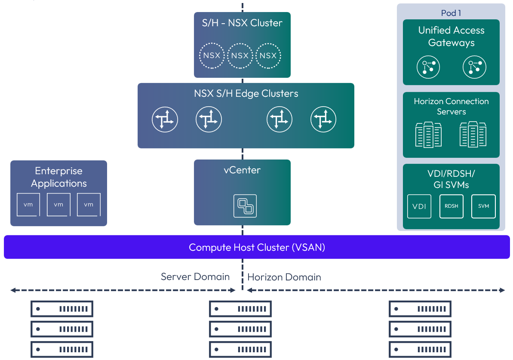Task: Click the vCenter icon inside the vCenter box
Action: [245, 206]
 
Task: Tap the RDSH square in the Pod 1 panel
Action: [452, 206]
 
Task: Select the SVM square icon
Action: [483, 206]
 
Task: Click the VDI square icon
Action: [419, 206]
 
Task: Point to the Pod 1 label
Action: [451, 13]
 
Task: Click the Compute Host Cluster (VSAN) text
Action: [257, 247]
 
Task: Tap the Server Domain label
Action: [195, 277]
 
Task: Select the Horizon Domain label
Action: [284, 277]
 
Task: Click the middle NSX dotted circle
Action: [240, 55]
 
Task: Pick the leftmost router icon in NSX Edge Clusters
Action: [165, 120]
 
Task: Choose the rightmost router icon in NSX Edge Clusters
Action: [323, 120]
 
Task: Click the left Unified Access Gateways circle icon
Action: [429, 67]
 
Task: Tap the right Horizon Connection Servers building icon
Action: [473, 134]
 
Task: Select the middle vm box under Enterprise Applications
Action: [58, 205]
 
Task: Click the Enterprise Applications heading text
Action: [58, 177]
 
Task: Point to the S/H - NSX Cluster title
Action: [242, 23]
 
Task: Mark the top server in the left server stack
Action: [62, 309]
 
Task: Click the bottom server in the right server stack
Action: [420, 349]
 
